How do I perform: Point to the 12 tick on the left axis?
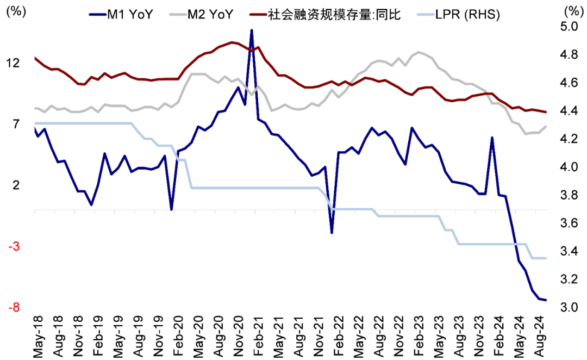pos(13,63)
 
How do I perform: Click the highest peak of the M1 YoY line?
pos(251,30)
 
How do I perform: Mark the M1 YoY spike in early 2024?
pos(492,138)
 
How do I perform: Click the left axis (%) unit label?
pos(13,11)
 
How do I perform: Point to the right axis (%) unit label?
pos(572,11)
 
